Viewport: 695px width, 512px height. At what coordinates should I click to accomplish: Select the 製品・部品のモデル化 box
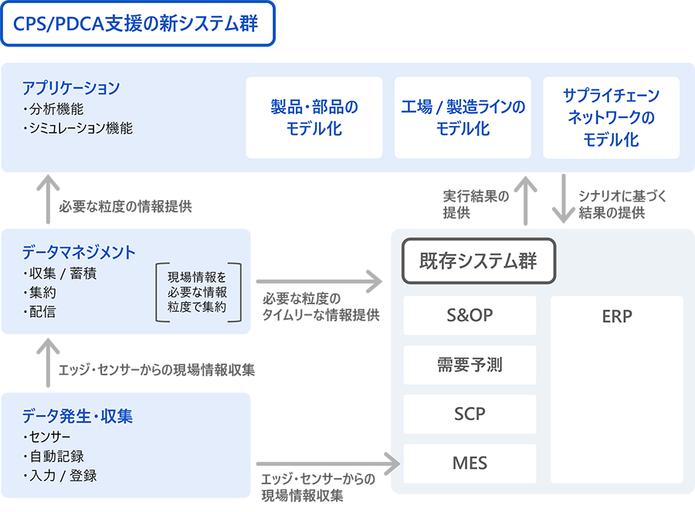click(x=314, y=117)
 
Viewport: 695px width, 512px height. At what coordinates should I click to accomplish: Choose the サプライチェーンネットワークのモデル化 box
click(x=611, y=117)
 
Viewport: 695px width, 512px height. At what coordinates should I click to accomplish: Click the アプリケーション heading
click(x=71, y=87)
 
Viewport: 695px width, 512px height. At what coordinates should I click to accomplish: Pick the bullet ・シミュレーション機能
click(x=78, y=128)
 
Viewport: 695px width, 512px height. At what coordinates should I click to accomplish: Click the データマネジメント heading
click(x=79, y=253)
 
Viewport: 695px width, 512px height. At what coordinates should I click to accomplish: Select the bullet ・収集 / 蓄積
click(x=59, y=273)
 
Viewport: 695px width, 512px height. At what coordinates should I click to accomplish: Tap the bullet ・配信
click(x=39, y=312)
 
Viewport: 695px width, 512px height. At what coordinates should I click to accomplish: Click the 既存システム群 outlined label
click(x=478, y=261)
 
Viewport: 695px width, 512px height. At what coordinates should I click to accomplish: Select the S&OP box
click(x=470, y=316)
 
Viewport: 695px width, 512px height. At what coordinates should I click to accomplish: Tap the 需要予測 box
click(x=470, y=365)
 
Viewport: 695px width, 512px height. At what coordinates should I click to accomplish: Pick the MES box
click(x=470, y=463)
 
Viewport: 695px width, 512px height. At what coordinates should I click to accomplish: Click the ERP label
click(x=616, y=317)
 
